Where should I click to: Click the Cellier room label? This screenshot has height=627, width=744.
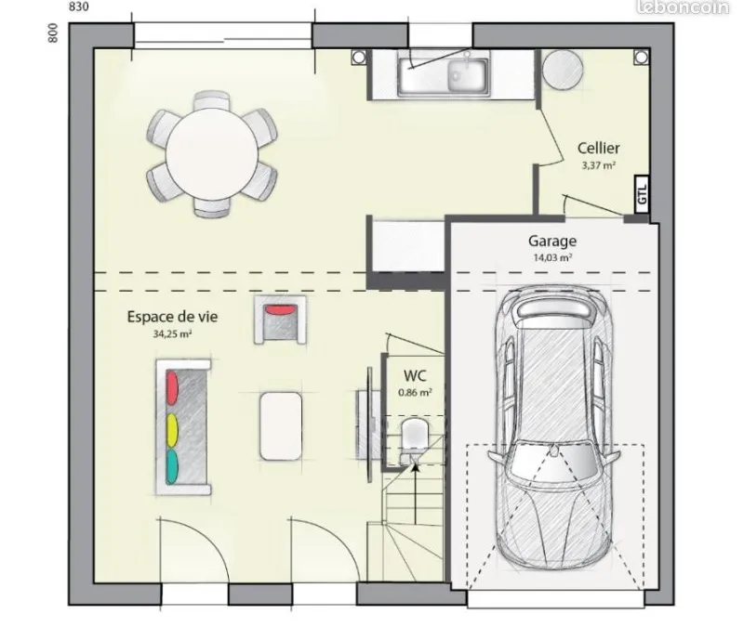point(598,148)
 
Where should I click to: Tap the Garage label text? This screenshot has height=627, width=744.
point(552,241)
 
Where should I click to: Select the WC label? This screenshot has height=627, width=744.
point(415,376)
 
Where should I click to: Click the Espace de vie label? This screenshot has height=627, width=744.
point(172,317)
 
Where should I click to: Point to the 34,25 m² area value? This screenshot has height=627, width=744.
point(172,333)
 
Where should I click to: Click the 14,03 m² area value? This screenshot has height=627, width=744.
point(552,257)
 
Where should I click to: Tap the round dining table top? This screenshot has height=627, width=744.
point(212,154)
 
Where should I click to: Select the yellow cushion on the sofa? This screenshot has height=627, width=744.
point(172,430)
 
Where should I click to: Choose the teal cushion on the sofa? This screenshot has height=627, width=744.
point(172,466)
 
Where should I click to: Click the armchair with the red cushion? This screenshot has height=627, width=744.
point(280,319)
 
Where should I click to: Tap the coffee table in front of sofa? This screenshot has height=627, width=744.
point(281,426)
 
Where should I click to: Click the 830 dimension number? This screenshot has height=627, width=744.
point(79,7)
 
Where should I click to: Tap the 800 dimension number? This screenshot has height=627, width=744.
point(53,33)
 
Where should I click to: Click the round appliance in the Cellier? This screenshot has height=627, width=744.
point(563,69)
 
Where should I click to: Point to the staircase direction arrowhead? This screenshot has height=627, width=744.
point(415,467)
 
